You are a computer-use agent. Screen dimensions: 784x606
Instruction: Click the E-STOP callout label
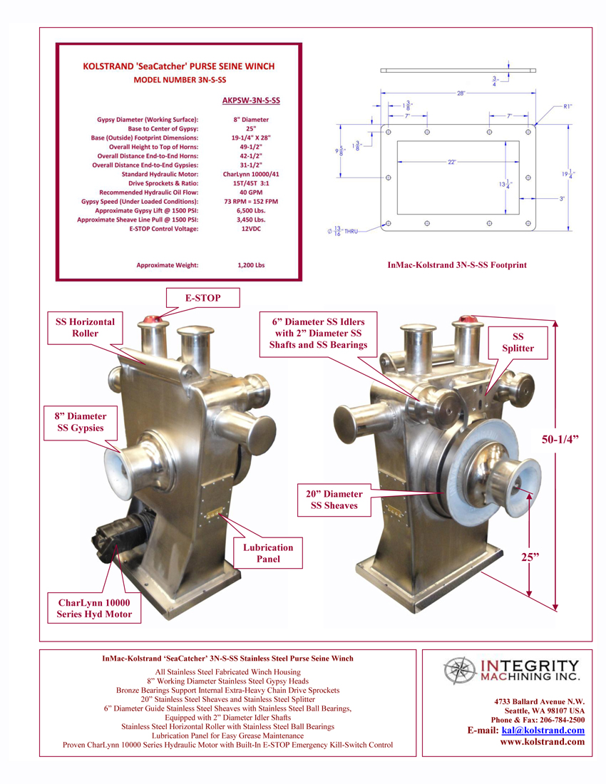pos(202,299)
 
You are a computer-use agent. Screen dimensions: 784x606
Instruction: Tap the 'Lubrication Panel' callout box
pos(268,553)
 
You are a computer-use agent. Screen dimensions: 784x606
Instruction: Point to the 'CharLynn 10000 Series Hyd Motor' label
pos(94,608)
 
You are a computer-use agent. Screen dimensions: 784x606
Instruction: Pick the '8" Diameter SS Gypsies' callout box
pos(81,422)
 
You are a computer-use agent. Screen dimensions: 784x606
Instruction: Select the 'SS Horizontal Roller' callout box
pos(85,327)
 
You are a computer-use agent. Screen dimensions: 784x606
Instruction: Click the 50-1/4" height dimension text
pos(560,440)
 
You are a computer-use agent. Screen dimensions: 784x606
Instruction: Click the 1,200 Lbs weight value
pos(251,265)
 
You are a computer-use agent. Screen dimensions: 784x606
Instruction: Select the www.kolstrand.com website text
pos(542,742)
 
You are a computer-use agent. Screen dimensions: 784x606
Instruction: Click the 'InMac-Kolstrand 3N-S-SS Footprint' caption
pos(457,264)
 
